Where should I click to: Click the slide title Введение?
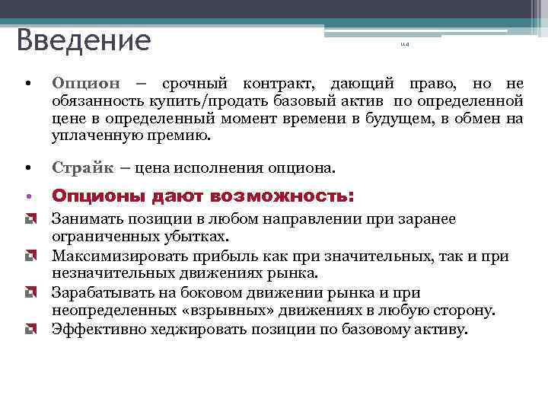point(84,40)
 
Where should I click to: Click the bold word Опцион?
point(86,83)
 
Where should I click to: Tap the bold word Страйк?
point(81,167)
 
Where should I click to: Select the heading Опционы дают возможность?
point(202,196)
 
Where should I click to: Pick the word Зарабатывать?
point(97,293)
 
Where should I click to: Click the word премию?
point(182,136)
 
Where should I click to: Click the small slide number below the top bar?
point(404,49)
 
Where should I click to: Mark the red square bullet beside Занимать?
point(29,219)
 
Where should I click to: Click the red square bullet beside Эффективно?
point(29,330)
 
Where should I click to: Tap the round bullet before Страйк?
point(27,167)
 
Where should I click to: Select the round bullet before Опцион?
point(27,83)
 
